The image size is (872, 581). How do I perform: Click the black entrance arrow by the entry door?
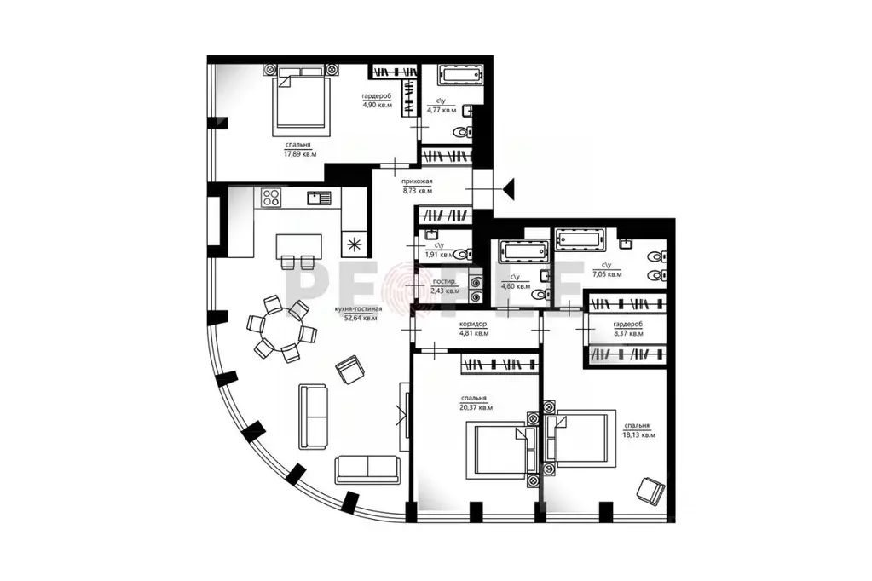point(509,186)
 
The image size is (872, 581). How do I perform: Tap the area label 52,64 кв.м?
point(361,319)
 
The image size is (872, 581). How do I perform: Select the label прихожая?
point(418,181)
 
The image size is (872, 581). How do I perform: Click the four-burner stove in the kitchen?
point(272,199)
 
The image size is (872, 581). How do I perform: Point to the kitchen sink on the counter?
point(319,198)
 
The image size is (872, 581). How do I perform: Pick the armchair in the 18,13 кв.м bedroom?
point(651,492)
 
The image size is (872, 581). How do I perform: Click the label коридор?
point(472,325)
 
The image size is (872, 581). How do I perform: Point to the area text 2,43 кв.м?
point(445,290)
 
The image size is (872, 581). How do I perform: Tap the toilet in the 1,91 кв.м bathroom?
point(461,253)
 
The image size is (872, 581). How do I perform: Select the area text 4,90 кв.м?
point(376,106)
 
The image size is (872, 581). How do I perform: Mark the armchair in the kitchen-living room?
point(349,370)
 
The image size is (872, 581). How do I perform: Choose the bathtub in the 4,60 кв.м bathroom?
point(520,251)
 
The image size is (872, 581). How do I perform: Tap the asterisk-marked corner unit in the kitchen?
point(354,244)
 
